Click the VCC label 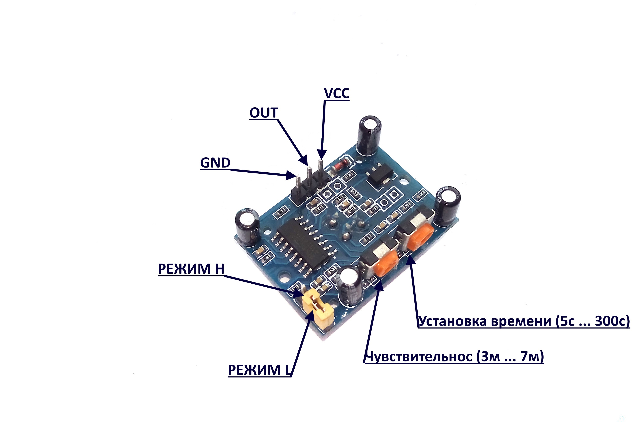(x=337, y=93)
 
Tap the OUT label (x=264, y=113)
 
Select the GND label (x=215, y=163)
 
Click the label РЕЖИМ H (x=191, y=269)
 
